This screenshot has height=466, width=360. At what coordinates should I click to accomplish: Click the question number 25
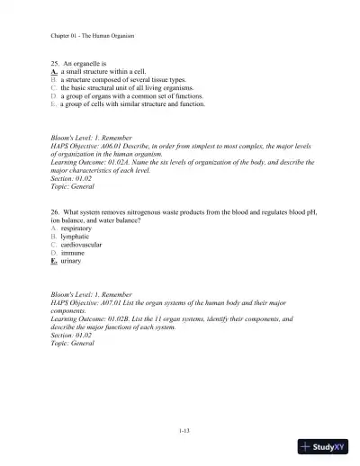point(55,65)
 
